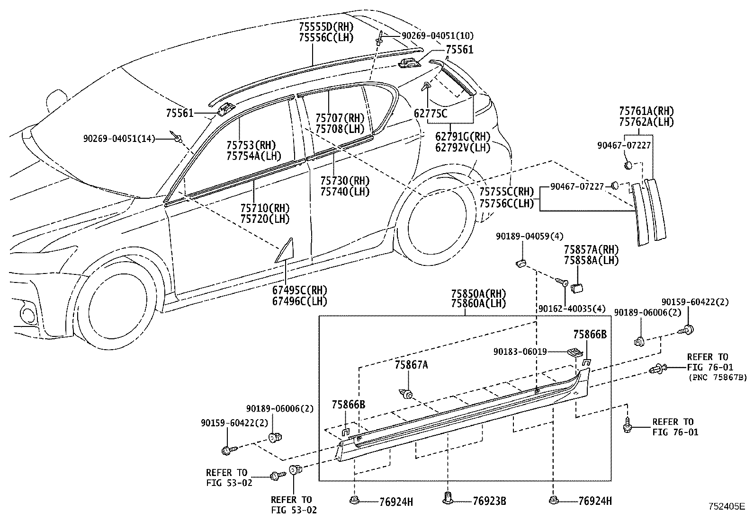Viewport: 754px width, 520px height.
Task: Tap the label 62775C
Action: coord(430,114)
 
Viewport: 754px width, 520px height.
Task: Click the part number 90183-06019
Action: coord(520,352)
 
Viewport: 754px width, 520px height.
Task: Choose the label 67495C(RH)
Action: coord(300,290)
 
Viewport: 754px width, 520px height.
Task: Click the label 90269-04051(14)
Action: coord(119,139)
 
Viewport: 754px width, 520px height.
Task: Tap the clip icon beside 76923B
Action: coord(448,498)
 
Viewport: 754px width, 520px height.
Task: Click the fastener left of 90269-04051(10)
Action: coord(380,37)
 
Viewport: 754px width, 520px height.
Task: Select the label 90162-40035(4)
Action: coord(572,309)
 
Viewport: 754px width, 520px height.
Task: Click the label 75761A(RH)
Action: coord(646,111)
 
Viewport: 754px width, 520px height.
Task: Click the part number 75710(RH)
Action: coord(264,208)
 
